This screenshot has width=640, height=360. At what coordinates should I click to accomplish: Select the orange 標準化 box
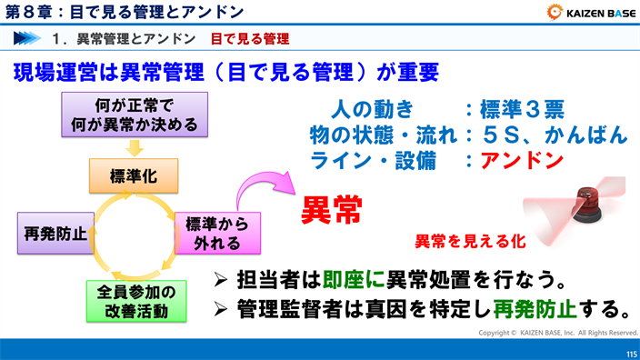pos(133,175)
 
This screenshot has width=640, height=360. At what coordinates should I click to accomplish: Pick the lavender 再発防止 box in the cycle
pos(55,233)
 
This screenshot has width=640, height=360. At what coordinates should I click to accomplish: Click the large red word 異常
pos(332,210)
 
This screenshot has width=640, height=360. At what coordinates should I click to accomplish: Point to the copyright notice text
pos(558,333)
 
